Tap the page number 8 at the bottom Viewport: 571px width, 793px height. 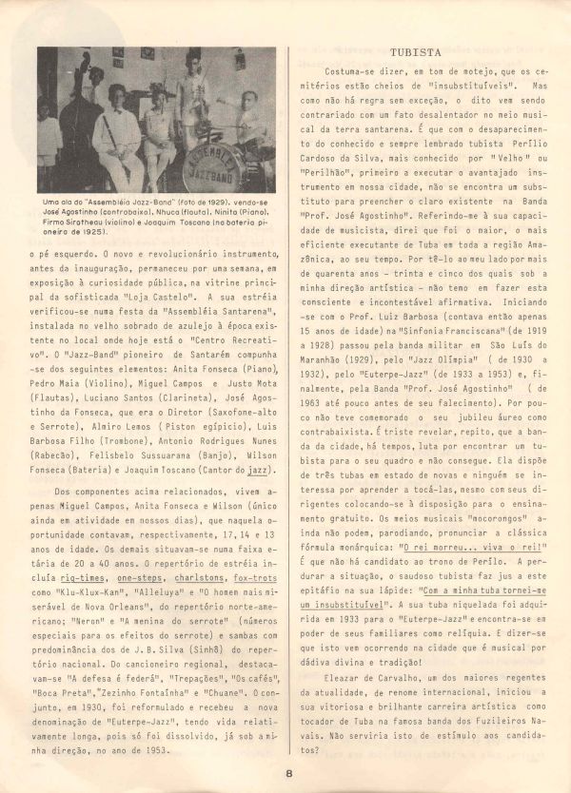tap(287, 772)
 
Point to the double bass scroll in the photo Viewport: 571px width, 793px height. tap(86, 58)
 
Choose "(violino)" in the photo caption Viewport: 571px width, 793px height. tap(123, 222)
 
